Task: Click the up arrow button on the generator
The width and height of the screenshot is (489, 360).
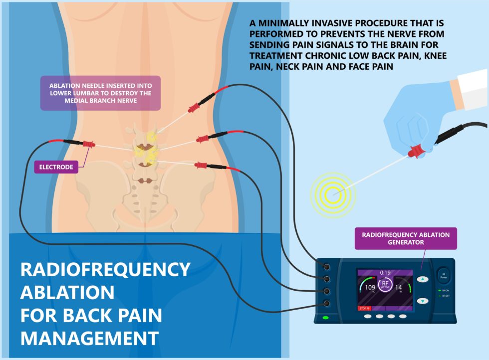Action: (x=423, y=280)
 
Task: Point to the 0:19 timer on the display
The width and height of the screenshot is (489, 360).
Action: (x=385, y=273)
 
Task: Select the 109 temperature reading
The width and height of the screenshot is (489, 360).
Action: (x=370, y=288)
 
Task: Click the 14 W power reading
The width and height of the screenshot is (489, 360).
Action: (x=399, y=288)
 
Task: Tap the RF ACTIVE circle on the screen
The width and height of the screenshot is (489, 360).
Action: (x=385, y=287)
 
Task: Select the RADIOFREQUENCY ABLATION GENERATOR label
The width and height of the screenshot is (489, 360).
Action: (x=405, y=238)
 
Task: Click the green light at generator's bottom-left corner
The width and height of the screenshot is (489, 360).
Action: (x=326, y=317)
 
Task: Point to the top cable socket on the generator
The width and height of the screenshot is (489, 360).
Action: (x=326, y=267)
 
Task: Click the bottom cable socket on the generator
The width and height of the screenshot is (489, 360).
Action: (x=326, y=303)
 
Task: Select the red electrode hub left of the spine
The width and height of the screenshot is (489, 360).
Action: (x=88, y=144)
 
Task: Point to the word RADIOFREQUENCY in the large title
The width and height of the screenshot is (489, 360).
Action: (x=105, y=270)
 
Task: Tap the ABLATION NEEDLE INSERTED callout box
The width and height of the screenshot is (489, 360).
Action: (x=100, y=93)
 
